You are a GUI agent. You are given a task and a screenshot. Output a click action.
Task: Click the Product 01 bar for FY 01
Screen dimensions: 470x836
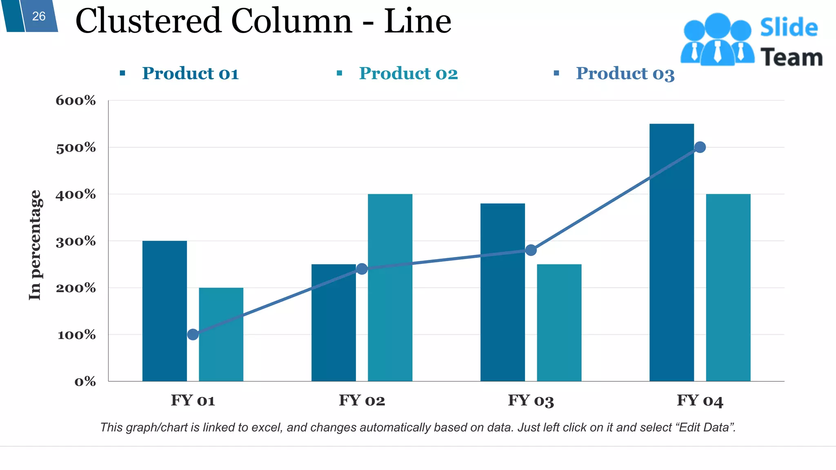(165, 311)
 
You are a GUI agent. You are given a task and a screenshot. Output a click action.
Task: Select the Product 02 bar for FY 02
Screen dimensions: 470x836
(390, 288)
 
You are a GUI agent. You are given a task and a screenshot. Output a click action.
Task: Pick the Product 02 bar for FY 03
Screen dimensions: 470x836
(559, 323)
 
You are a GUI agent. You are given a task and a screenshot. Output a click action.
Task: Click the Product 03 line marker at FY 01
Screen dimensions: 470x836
(193, 335)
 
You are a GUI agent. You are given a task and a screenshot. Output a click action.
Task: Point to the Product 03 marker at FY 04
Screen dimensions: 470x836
(700, 147)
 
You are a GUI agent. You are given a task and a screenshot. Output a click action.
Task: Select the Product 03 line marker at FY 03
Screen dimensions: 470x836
(531, 250)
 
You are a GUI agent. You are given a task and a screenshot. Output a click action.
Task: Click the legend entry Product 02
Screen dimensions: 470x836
(408, 73)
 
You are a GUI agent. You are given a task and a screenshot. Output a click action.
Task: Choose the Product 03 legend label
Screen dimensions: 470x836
(625, 73)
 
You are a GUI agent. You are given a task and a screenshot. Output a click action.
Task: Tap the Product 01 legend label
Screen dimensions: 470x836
(190, 73)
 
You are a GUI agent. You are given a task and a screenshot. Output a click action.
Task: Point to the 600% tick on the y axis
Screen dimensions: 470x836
(76, 100)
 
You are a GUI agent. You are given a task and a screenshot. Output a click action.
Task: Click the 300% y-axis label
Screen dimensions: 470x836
(76, 241)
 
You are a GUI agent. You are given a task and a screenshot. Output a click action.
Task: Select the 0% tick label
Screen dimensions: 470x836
(85, 382)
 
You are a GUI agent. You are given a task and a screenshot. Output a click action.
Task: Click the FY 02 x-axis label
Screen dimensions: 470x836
(362, 400)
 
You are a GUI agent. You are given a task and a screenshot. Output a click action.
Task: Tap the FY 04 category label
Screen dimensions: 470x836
(700, 400)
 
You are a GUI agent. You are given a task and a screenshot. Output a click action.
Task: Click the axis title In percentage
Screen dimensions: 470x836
(35, 245)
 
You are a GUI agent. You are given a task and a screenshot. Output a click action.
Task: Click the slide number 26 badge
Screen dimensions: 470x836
(38, 16)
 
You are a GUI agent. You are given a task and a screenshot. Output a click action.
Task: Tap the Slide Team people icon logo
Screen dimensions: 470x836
(717, 40)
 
